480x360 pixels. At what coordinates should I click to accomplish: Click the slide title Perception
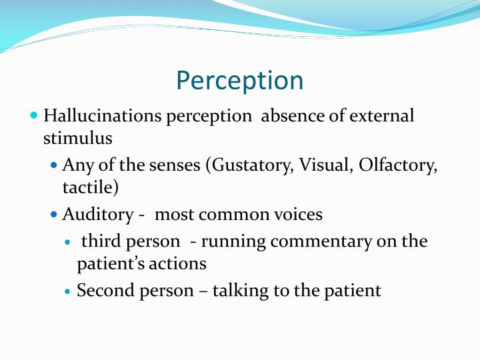pos(240,81)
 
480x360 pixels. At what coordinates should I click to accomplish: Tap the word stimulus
pos(73,138)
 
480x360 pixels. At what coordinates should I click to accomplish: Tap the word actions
pos(177,263)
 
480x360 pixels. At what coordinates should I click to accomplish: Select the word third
pos(99,241)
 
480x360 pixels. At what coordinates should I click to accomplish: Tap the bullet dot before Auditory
pos(54,215)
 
